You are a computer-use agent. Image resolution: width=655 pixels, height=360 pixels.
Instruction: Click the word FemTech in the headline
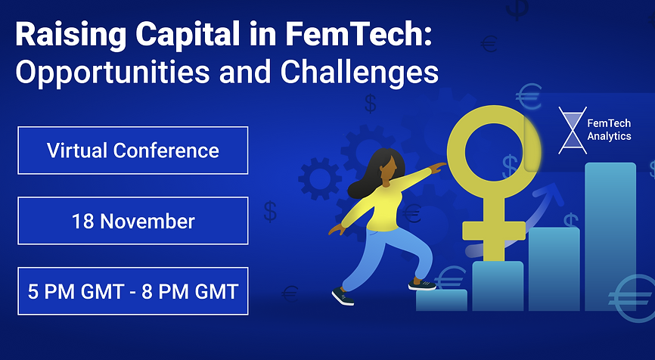click(358, 33)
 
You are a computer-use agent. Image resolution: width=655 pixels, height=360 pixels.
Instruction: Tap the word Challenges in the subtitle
click(360, 73)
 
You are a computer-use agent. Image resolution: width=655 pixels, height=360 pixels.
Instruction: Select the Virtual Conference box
click(133, 151)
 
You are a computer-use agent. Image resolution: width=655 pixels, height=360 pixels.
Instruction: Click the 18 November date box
click(133, 221)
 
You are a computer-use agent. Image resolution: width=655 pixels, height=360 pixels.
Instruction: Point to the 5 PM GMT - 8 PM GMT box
click(133, 291)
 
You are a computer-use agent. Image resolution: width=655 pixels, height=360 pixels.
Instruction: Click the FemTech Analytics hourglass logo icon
click(573, 130)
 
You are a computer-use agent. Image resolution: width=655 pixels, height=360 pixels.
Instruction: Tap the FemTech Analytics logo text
click(609, 129)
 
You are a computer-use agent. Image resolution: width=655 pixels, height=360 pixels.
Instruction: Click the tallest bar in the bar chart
click(610, 237)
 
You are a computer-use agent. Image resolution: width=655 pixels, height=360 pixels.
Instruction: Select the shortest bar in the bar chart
click(442, 300)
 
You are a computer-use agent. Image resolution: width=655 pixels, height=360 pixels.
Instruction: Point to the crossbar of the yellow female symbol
click(494, 231)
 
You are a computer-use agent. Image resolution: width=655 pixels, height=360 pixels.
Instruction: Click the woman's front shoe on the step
click(422, 285)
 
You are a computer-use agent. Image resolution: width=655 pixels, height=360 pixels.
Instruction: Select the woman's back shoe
click(343, 296)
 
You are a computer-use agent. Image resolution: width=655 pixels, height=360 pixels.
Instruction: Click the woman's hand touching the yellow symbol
click(438, 168)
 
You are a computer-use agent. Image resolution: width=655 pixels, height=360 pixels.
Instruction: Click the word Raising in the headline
click(70, 35)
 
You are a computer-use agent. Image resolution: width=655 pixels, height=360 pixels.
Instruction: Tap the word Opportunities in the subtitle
click(113, 73)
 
